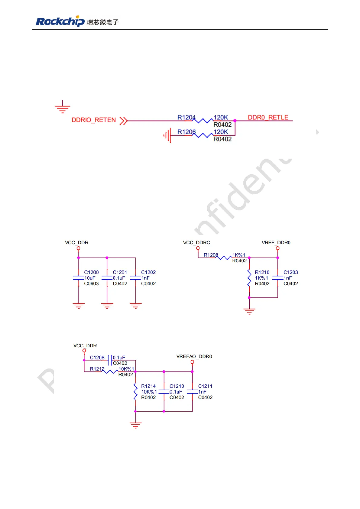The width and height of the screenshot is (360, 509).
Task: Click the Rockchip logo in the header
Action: click(x=60, y=21)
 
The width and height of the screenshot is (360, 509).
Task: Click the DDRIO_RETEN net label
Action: click(x=94, y=120)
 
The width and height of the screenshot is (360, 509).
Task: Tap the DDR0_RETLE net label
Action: click(x=268, y=117)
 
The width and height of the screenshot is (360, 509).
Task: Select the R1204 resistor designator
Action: click(x=186, y=117)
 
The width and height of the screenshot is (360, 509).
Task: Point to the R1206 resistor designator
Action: click(x=186, y=132)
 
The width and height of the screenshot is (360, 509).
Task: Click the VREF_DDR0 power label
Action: click(x=276, y=242)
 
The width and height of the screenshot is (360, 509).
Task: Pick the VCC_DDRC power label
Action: click(x=196, y=242)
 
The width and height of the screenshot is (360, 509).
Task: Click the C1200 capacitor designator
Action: click(x=91, y=272)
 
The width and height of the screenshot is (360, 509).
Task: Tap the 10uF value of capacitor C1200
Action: click(x=90, y=278)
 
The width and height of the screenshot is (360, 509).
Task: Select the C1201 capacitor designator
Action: click(x=120, y=272)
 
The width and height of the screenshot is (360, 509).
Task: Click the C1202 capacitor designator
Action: click(x=148, y=272)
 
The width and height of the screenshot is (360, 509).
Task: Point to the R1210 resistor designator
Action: click(x=262, y=272)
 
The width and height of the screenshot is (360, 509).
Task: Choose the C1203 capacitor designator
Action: click(x=290, y=272)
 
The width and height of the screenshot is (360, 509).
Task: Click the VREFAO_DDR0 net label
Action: click(x=194, y=356)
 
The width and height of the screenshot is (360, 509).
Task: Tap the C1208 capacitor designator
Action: click(x=97, y=358)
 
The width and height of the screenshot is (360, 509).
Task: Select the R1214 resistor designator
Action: click(x=148, y=386)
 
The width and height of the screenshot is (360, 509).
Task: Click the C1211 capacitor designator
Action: click(x=205, y=386)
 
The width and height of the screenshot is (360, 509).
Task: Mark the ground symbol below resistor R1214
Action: click(x=135, y=425)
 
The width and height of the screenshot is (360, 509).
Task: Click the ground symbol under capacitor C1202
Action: click(x=135, y=306)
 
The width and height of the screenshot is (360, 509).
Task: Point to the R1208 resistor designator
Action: click(x=211, y=255)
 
